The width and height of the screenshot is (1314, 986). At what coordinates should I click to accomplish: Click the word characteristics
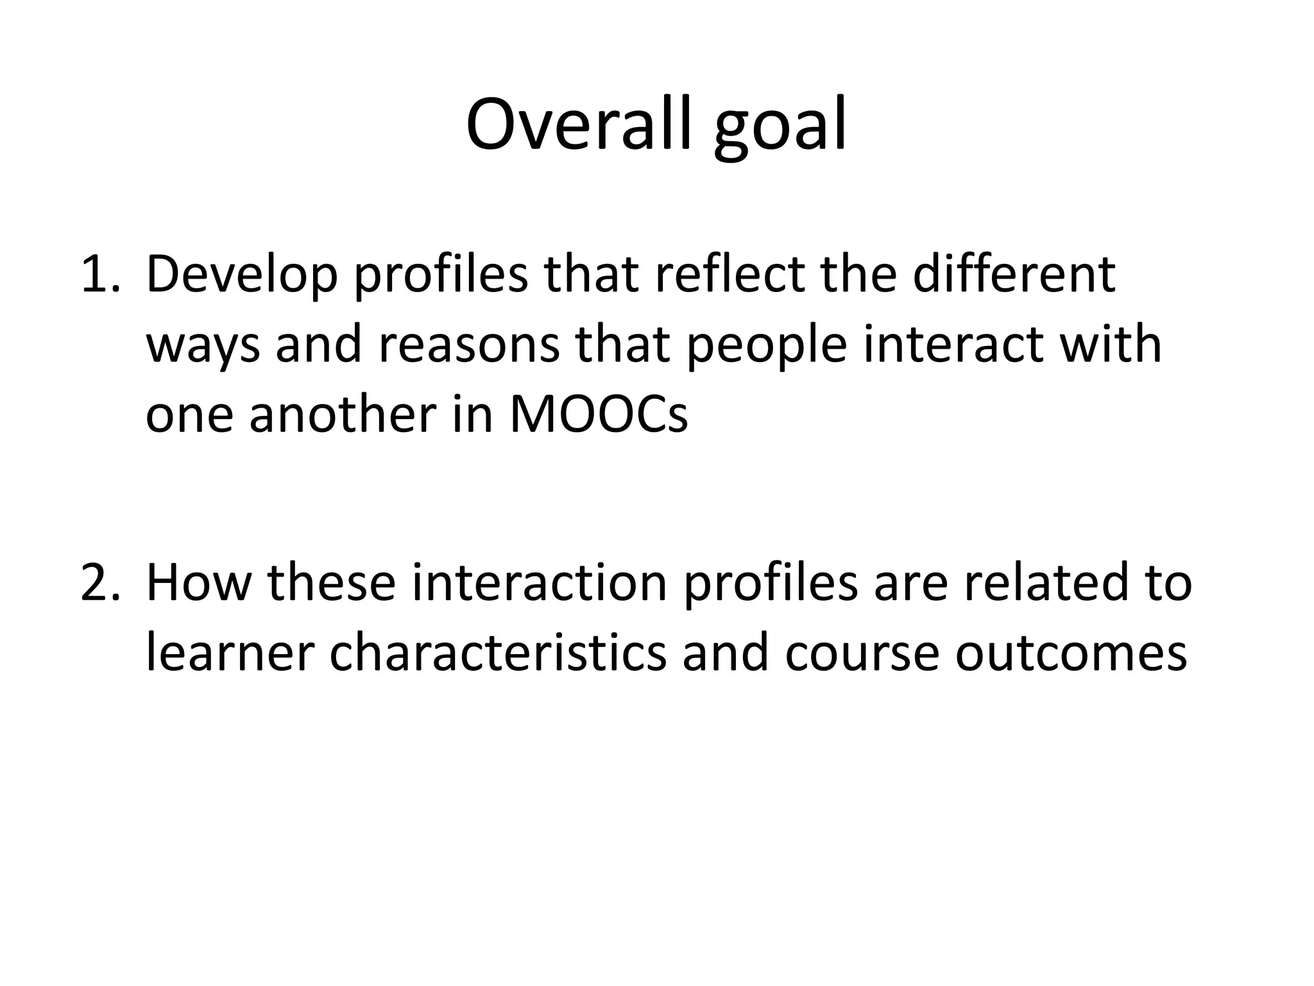coord(498,652)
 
